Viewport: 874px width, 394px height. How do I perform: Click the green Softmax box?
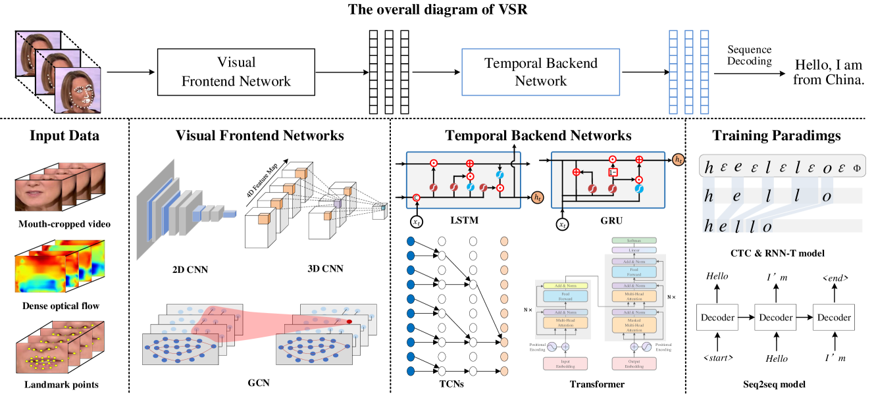click(634, 241)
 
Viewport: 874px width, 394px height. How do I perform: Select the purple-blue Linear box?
click(634, 250)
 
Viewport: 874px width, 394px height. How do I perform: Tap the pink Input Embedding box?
click(565, 363)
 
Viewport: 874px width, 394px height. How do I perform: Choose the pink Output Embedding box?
click(634, 363)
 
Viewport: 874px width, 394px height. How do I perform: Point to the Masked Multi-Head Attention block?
click(634, 324)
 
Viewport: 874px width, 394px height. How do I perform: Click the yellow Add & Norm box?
click(565, 286)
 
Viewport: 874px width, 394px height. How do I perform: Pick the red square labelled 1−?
click(612, 173)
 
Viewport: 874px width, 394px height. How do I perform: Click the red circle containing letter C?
click(416, 197)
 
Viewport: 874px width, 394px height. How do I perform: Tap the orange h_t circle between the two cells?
click(538, 197)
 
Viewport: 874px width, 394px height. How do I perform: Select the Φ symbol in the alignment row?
click(856, 167)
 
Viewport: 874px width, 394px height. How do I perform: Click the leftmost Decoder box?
click(717, 317)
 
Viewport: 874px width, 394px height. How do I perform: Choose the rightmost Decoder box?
click(833, 317)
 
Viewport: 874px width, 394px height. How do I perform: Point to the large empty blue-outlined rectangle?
click(540, 72)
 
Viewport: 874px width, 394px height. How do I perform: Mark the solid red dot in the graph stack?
click(349, 321)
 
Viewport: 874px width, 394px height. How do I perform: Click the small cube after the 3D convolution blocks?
click(378, 211)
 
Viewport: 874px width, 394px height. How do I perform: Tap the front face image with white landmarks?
click(78, 91)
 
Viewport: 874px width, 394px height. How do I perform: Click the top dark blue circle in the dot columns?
click(411, 241)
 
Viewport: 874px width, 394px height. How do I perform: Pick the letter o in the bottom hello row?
click(766, 227)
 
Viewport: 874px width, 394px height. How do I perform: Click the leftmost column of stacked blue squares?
click(673, 72)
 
